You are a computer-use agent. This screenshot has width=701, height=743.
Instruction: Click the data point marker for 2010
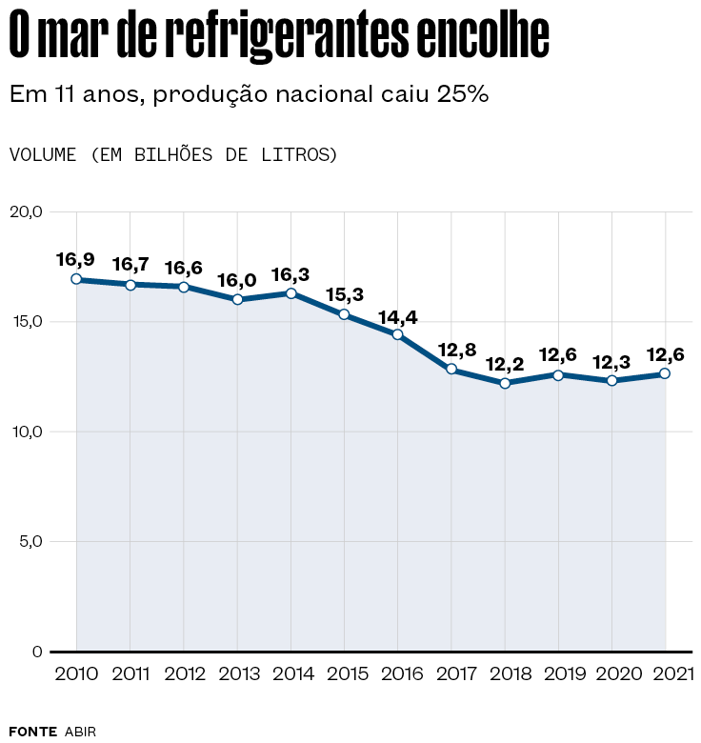[76, 279]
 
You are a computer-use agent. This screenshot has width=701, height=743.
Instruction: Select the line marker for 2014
[290, 293]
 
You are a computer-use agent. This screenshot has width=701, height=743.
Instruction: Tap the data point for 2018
[505, 383]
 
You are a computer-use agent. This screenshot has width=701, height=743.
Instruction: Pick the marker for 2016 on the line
[397, 334]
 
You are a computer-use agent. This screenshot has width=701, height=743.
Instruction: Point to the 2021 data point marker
[665, 373]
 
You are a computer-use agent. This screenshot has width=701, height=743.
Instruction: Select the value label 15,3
[344, 294]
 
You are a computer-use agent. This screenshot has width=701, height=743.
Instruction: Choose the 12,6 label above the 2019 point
[558, 354]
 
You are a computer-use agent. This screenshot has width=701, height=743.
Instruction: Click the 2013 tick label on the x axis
[237, 674]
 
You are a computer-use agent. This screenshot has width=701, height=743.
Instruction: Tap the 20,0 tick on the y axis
[26, 211]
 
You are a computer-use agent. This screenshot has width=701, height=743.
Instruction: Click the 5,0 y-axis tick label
[29, 542]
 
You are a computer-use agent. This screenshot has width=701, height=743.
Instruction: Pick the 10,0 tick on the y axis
[26, 432]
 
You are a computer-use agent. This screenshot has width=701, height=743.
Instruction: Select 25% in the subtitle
[464, 94]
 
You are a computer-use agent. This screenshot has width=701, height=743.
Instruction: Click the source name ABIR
[81, 732]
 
